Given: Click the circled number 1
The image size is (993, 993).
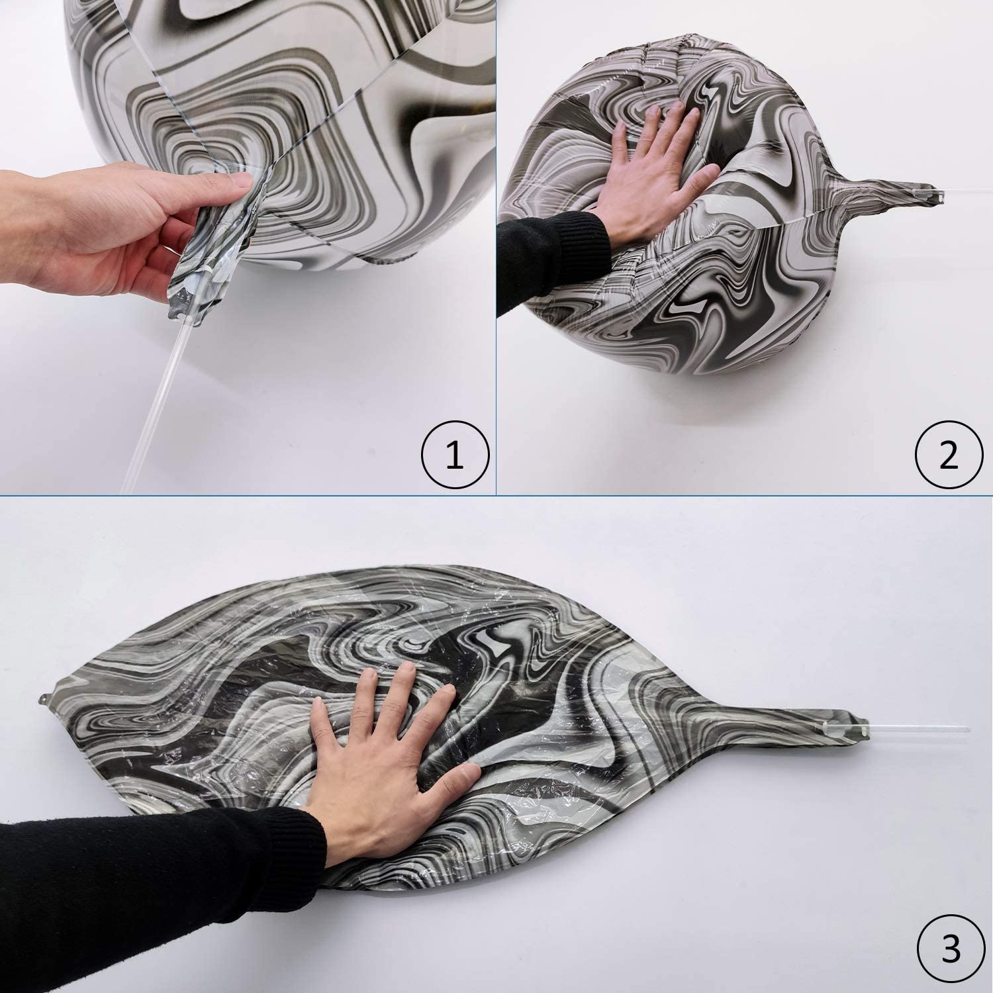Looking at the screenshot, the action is click(x=455, y=456).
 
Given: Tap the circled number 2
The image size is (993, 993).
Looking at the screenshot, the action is click(x=949, y=456).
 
